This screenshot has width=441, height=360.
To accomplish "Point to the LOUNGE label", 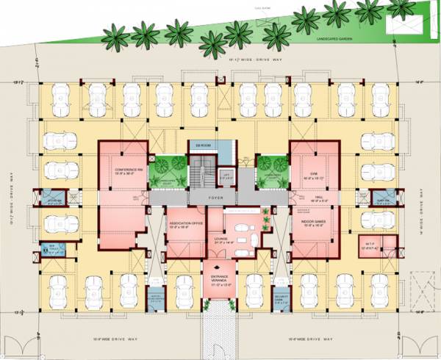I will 219,238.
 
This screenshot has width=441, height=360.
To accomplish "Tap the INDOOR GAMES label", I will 313,219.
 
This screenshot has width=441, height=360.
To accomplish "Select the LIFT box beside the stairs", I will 227,175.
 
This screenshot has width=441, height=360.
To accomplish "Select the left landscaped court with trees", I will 167,173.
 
